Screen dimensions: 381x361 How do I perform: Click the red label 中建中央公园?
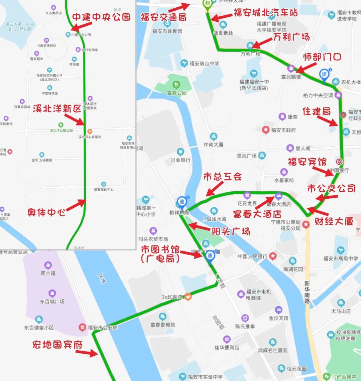pyautogui.click(x=101, y=17)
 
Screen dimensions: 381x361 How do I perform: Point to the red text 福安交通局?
pyautogui.click(x=163, y=17)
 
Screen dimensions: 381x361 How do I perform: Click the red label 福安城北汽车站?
pyautogui.click(x=265, y=13)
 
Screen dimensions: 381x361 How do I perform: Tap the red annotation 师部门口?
pyautogui.click(x=322, y=57)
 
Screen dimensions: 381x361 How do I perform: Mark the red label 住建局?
pyautogui.click(x=317, y=111)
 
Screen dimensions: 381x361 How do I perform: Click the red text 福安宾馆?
pyautogui.click(x=307, y=162)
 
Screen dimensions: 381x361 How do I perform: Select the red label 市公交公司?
pyautogui.click(x=331, y=188)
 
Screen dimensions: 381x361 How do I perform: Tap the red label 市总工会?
pyautogui.click(x=222, y=177)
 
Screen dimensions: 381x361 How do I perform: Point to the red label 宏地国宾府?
pyautogui.click(x=57, y=344)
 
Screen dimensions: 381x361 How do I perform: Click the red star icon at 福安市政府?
pyautogui.click(x=266, y=130)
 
